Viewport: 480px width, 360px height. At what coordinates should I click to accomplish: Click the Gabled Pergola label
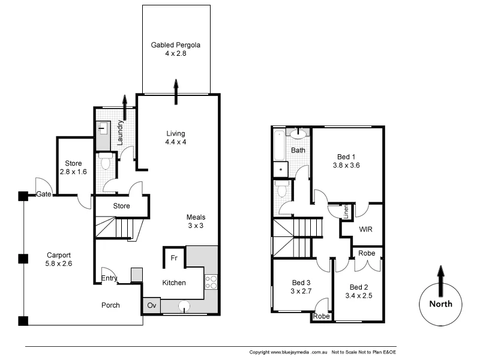[175, 49]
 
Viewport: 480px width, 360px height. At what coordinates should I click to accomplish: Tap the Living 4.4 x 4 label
[176, 137]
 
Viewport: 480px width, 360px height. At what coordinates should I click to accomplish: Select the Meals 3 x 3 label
[196, 221]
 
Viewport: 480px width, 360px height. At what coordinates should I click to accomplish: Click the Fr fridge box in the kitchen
[174, 257]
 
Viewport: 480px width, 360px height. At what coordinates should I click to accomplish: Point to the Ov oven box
[151, 305]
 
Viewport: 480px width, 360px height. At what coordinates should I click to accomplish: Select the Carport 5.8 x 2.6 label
[58, 259]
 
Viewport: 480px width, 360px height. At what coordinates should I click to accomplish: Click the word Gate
[43, 194]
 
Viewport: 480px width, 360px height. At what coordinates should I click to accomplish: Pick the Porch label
[110, 305]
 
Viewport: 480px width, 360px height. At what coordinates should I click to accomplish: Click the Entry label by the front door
[109, 278]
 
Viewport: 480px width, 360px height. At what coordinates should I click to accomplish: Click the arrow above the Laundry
[125, 106]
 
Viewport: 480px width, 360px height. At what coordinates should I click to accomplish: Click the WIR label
[366, 229]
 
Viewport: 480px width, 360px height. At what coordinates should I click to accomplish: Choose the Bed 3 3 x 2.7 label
[301, 287]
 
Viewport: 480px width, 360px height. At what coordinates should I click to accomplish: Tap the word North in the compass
[440, 304]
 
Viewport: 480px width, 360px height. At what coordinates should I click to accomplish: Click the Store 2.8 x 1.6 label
[73, 167]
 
